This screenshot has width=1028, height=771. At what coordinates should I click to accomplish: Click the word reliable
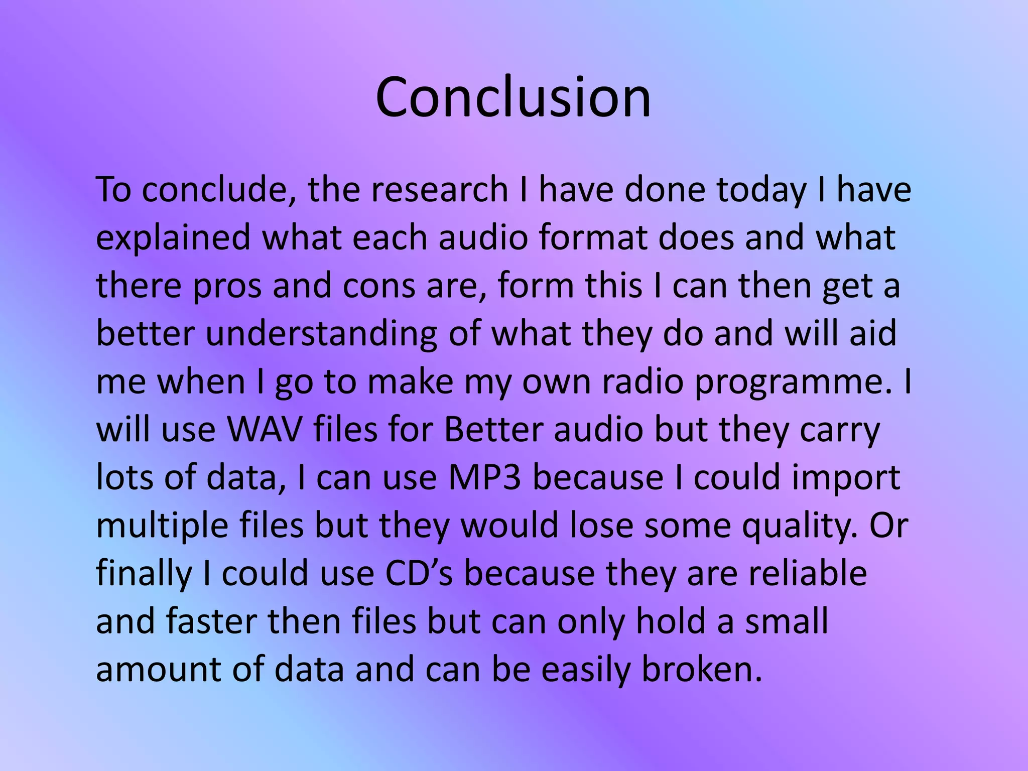pos(808,573)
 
